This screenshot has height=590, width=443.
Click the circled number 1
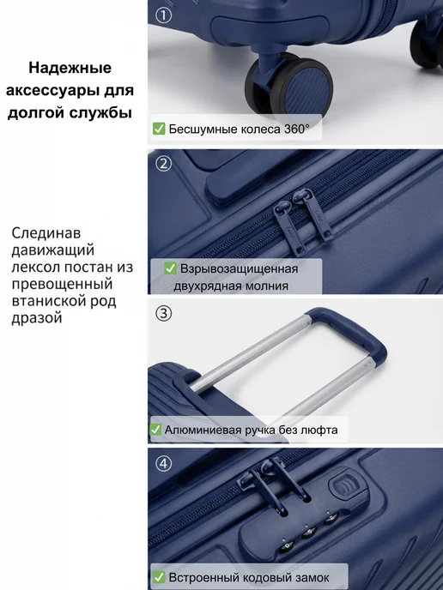coord(163,15)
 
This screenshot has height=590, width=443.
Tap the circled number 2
coord(163,164)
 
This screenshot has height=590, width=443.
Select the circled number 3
coord(163,313)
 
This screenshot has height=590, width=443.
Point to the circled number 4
coord(163,464)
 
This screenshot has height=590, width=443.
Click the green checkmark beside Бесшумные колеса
coord(159,129)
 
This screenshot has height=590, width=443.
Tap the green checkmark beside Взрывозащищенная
coord(170,268)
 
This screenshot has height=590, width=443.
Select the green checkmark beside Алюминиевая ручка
coord(155,430)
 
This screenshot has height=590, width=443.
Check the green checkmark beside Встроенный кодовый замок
coord(159,577)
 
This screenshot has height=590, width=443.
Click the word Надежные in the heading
coord(70,68)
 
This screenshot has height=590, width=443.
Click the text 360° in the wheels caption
coord(296,129)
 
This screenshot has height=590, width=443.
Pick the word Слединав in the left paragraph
coord(46,233)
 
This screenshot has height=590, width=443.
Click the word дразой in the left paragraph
coord(37,318)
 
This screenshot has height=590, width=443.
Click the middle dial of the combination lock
coord(310,532)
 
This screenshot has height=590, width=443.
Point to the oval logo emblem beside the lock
coord(344,485)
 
